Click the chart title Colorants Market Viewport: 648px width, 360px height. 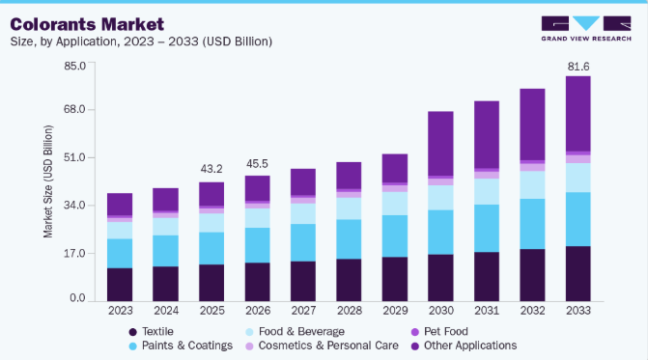pos(87,24)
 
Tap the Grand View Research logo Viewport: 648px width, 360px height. pos(586,29)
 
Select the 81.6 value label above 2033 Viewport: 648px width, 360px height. pos(578,67)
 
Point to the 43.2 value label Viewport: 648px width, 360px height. pos(211,169)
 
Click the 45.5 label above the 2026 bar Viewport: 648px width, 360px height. pos(257,164)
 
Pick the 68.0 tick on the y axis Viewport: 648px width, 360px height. pos(74,109)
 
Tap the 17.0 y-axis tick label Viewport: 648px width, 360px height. pos(74,253)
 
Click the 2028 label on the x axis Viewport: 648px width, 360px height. pos(350,311)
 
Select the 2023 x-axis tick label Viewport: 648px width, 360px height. pos(121,311)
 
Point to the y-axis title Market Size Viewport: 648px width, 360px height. pos(48,181)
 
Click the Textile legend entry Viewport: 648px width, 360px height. pos(151,331)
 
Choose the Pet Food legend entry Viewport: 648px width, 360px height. pos(439,331)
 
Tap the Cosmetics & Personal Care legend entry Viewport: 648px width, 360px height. pos(322,346)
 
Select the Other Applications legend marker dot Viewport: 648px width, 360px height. pos(415,346)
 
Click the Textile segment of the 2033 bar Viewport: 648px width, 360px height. pos(578,274)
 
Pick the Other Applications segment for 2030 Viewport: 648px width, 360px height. pos(440,144)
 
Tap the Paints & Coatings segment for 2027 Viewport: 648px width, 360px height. pos(303,243)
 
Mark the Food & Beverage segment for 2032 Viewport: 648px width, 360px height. pos(532,185)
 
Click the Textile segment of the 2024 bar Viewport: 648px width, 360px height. pos(166,284)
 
